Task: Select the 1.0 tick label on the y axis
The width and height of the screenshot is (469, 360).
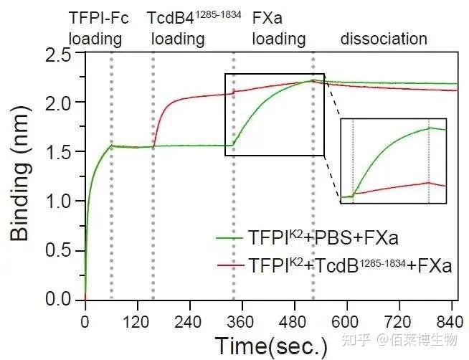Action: pos(62,202)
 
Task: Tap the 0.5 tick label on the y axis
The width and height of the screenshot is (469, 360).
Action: pos(62,250)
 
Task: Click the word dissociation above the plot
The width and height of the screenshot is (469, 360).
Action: pos(384,39)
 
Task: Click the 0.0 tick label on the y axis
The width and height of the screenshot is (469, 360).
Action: pos(62,300)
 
